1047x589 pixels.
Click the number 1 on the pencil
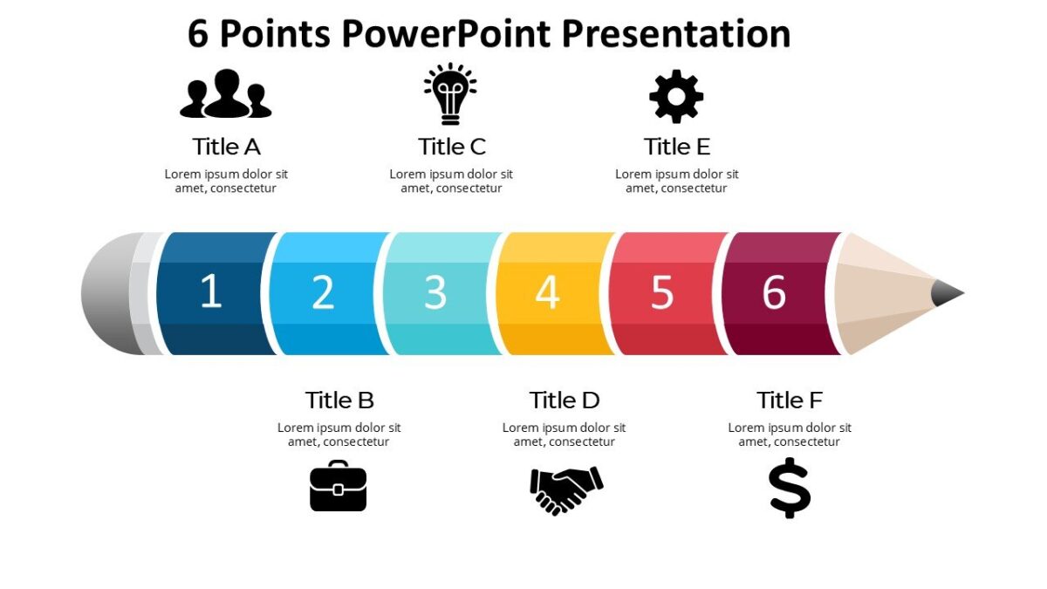(x=211, y=291)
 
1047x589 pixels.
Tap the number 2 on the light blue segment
(x=323, y=292)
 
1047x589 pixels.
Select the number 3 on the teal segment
(x=435, y=292)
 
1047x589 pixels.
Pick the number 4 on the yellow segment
(x=547, y=292)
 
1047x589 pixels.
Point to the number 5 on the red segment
(x=662, y=292)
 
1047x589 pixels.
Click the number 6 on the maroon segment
(x=774, y=292)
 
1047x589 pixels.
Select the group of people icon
(x=226, y=93)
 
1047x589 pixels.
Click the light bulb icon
(x=450, y=93)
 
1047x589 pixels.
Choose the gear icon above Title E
(x=676, y=96)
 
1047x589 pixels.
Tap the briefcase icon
(x=339, y=486)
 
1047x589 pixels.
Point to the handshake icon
(x=566, y=490)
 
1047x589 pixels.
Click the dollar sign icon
(x=790, y=488)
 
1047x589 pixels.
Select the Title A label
(x=226, y=146)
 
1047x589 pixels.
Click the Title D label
(x=565, y=400)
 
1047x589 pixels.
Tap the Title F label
(x=790, y=400)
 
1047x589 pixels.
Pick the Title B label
(x=339, y=400)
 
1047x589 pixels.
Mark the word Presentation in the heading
(x=676, y=34)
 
